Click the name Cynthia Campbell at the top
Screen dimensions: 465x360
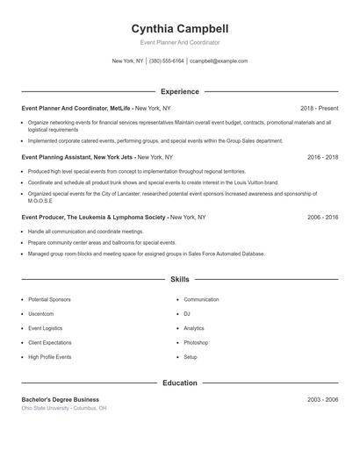(179, 29)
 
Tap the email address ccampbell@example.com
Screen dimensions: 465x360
(219, 61)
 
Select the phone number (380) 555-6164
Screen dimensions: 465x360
(167, 61)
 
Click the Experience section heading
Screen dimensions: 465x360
(179, 91)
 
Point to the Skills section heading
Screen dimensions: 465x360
(179, 280)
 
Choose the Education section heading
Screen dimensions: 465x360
(179, 383)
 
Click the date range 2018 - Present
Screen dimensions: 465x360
(320, 108)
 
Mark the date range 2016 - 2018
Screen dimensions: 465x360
(323, 157)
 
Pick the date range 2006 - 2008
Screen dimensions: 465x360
(323, 216)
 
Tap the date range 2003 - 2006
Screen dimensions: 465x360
(323, 399)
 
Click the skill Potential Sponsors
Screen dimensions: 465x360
(51, 300)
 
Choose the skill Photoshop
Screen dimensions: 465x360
(196, 342)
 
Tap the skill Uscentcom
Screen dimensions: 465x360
(41, 314)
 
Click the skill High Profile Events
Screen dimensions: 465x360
(50, 357)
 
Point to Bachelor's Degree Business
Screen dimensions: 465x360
(61, 399)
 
